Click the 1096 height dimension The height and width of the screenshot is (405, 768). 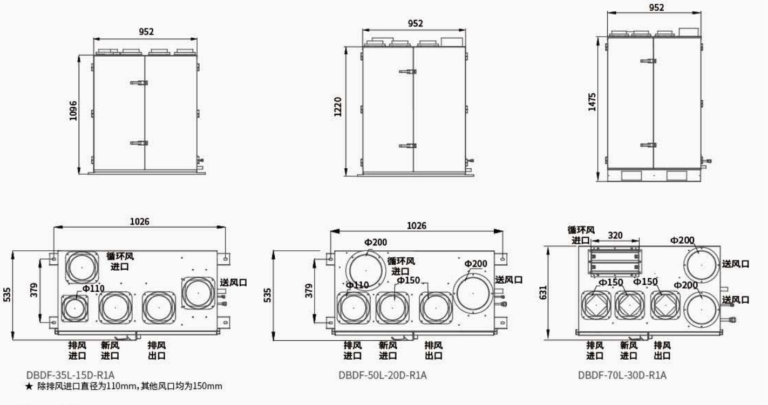(73, 111)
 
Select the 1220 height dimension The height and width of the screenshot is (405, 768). (338, 107)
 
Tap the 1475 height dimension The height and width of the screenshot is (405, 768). (592, 102)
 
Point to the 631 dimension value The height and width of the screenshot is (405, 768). (543, 292)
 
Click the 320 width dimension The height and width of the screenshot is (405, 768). (615, 235)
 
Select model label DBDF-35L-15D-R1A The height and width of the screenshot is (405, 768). (70, 375)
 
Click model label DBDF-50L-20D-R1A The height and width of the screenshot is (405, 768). (383, 375)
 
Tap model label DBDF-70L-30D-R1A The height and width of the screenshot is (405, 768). (622, 375)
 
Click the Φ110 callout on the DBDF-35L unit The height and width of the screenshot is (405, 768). (93, 289)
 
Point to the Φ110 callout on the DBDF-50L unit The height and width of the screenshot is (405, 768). (357, 285)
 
